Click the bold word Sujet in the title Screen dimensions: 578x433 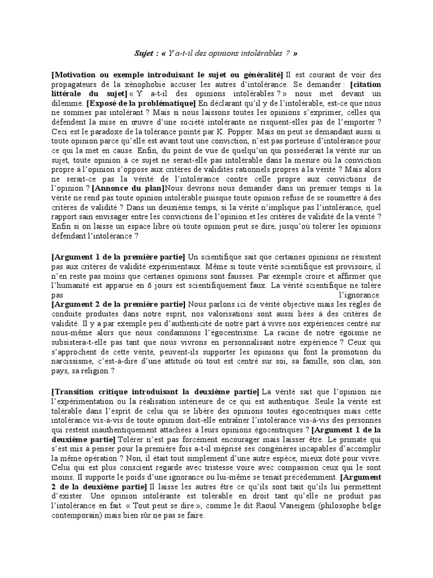(x=143, y=54)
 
